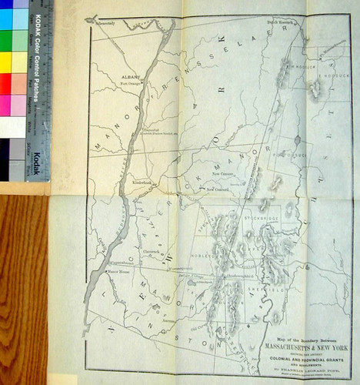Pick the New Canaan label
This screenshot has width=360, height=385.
tap(222, 175)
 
